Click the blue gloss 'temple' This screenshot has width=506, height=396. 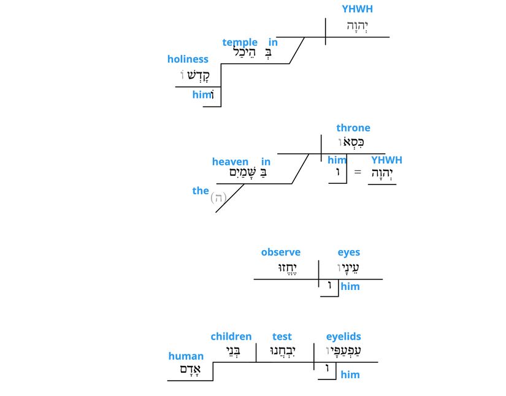tap(240, 42)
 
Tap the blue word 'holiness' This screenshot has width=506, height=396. tap(188, 59)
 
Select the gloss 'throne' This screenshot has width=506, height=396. tap(353, 128)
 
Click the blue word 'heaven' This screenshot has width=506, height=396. tap(231, 162)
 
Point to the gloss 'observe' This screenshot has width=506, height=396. tap(281, 253)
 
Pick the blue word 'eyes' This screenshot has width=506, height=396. tap(349, 253)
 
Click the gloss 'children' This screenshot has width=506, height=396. tap(231, 337)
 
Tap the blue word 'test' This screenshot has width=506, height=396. tap(282, 337)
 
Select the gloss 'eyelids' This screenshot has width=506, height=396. tap(343, 337)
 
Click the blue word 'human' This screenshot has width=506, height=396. tap(186, 356)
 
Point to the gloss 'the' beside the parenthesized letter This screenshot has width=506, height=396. tap(201, 191)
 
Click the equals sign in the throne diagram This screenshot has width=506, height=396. tap(358, 172)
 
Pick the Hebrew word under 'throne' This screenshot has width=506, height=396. tap(351, 143)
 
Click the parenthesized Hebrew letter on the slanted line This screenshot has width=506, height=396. tap(218, 198)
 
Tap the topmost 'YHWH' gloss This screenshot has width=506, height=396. tap(357, 9)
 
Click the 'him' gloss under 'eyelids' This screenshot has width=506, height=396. tap(350, 375)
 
